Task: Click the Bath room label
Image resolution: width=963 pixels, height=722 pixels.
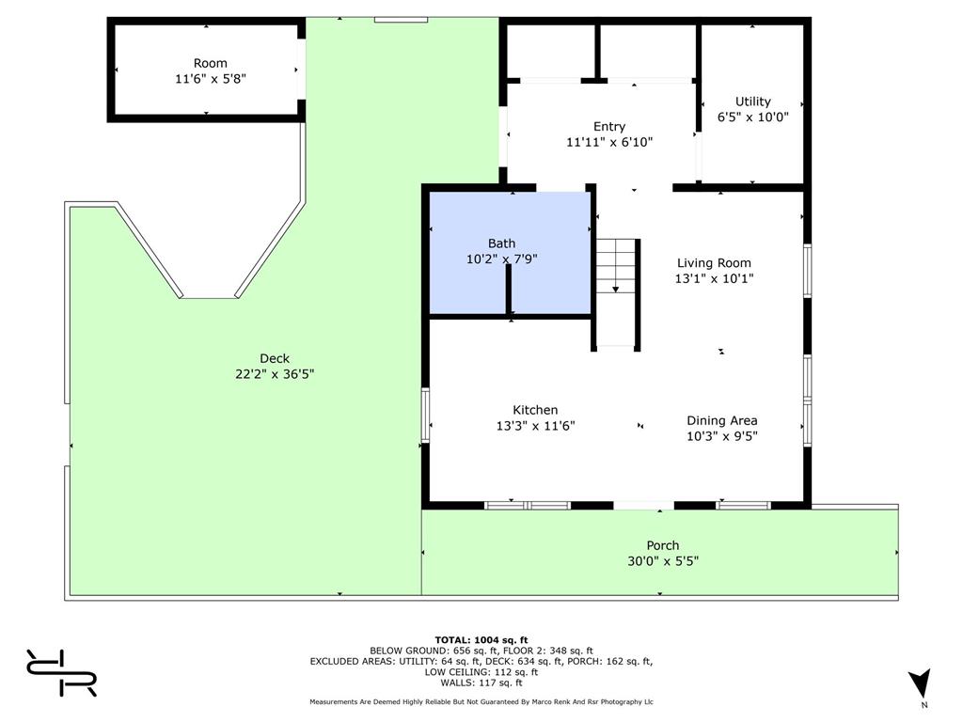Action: tap(501, 243)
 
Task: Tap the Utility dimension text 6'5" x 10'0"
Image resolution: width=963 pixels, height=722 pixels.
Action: tap(752, 118)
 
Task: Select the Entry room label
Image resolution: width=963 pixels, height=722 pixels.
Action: tap(608, 127)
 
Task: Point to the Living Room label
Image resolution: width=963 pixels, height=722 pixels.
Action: tap(714, 263)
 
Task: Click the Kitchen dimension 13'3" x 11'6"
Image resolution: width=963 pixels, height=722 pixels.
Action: tap(535, 425)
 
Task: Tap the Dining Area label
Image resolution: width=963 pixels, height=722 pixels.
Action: tap(721, 420)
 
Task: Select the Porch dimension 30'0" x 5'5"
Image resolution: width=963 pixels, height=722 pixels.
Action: tap(662, 561)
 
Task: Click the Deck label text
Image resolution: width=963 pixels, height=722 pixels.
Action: tap(275, 358)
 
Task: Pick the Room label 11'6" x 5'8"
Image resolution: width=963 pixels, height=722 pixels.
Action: tap(211, 79)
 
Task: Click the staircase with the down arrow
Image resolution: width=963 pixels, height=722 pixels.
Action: tap(616, 268)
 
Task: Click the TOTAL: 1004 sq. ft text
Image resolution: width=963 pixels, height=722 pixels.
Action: tap(481, 640)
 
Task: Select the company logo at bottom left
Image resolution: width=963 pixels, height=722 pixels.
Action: tap(61, 672)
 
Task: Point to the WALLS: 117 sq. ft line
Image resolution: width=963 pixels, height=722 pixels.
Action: tap(481, 683)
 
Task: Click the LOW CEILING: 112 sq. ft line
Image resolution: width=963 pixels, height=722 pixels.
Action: tap(481, 672)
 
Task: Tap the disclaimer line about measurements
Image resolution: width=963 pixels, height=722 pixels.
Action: tap(481, 702)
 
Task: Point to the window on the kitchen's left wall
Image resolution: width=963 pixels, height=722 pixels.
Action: tap(425, 416)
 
